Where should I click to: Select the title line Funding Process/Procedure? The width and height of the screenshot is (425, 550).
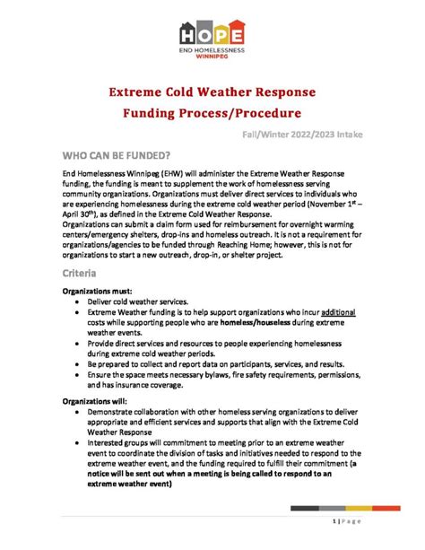(212, 114)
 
